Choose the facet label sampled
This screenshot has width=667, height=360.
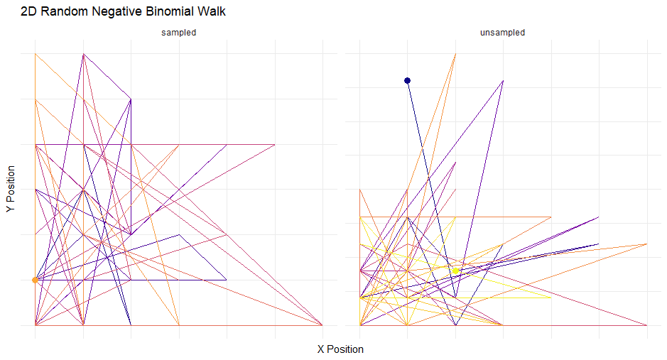[x=178, y=33]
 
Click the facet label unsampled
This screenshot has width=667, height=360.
[x=503, y=33]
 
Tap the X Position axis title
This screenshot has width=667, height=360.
[x=340, y=349]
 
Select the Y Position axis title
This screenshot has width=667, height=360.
[x=11, y=190]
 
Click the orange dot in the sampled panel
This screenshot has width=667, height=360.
[x=35, y=280]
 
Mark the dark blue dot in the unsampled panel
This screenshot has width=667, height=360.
[x=407, y=81]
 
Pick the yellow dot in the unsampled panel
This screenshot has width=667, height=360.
[x=455, y=271]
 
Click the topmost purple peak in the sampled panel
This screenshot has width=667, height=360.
[x=84, y=54]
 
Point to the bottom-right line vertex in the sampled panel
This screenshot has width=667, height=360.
[x=322, y=325]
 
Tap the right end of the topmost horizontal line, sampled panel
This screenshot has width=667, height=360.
[x=274, y=145]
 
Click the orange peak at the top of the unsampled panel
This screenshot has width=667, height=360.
[x=455, y=54]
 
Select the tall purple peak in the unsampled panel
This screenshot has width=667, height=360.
[x=503, y=81]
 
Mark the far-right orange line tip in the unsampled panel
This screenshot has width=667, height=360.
[x=646, y=244]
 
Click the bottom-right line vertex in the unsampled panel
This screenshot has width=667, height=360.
[x=646, y=325]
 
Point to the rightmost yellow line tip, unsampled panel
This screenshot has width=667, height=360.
[x=551, y=298]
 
